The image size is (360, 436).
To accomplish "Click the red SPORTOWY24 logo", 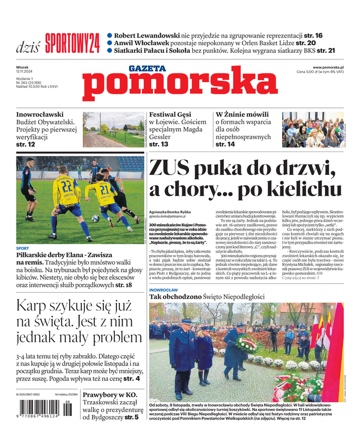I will click(x=72, y=43).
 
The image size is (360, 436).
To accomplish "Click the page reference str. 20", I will click(x=304, y=43).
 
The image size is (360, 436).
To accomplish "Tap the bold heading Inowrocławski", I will click(x=40, y=115).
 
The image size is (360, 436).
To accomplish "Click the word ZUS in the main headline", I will click(x=170, y=167).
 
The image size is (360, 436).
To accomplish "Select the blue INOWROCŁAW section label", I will click(x=163, y=289).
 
